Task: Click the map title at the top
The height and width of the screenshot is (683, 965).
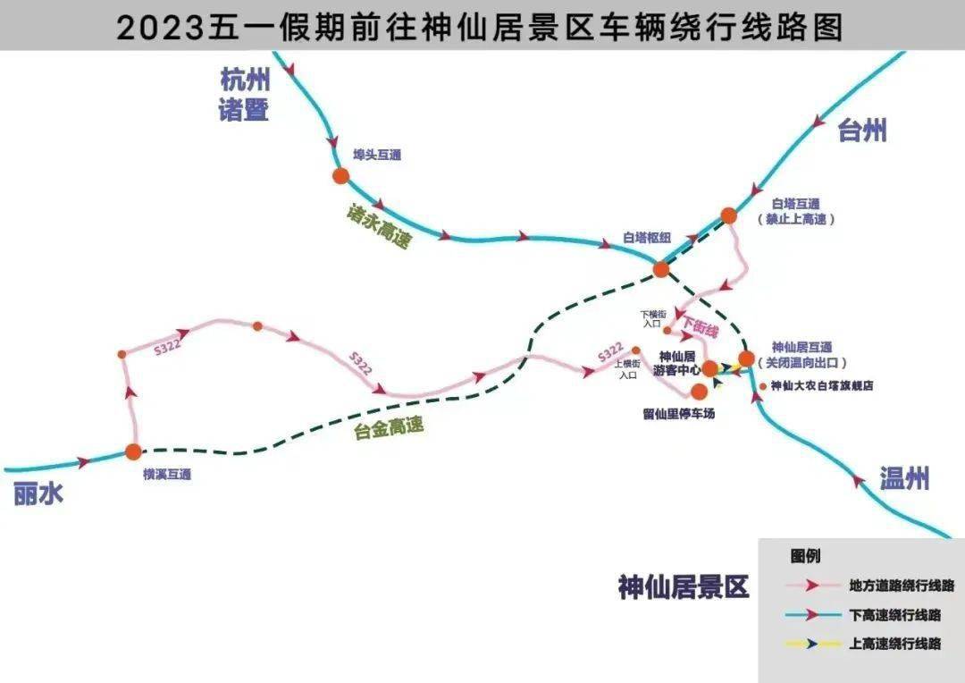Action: coord(480,27)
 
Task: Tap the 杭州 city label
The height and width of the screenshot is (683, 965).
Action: coord(244,80)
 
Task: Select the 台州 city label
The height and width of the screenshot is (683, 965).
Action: coord(862,131)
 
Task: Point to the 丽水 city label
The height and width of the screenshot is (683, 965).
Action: coord(38,493)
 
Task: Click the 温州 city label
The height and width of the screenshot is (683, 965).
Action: coord(903,478)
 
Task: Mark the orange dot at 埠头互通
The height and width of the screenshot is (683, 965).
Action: coord(340,176)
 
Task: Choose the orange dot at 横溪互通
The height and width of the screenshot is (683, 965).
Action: coord(133,452)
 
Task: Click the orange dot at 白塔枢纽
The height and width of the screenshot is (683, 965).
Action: coord(661,268)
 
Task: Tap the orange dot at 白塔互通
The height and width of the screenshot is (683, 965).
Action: coord(728,215)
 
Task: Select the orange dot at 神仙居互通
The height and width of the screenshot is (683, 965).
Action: coord(746,358)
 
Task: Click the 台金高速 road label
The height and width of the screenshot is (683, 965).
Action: coord(388,429)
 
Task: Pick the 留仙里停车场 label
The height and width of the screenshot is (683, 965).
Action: coord(678,414)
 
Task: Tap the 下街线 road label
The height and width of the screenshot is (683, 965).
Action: coord(700,328)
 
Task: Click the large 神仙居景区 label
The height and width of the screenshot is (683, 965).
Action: coord(683,587)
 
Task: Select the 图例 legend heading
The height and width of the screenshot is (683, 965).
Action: coord(804,556)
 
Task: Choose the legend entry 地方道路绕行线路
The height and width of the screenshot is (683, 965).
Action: coord(902,586)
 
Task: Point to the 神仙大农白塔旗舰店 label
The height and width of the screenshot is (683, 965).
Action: coord(821,386)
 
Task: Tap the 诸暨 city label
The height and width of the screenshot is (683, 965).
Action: coord(244,111)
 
